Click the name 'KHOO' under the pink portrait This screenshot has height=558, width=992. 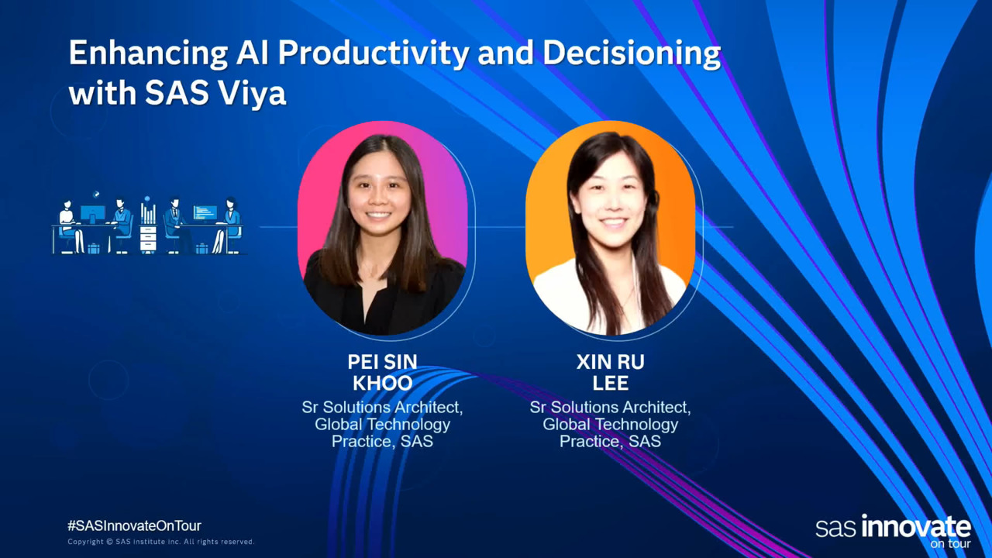coord(383,383)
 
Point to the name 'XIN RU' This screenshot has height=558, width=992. coord(610,362)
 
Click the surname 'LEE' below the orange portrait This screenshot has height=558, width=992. coord(610,383)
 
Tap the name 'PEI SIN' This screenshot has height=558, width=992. coord(382,362)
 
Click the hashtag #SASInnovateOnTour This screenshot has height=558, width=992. coord(134,525)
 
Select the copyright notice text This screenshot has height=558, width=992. coord(160,542)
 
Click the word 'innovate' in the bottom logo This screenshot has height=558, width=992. coord(916,527)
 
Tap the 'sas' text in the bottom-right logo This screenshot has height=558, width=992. coord(836,529)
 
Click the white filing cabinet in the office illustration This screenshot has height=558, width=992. coord(148,239)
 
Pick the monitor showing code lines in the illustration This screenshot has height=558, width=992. coord(205,212)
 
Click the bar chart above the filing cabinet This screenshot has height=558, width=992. coord(148,213)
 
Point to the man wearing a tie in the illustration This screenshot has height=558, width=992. coord(175,224)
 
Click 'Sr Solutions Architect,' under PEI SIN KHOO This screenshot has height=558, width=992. coord(382,408)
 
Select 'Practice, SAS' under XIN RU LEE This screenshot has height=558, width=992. coord(610,442)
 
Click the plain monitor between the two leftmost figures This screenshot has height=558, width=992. coord(93,213)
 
